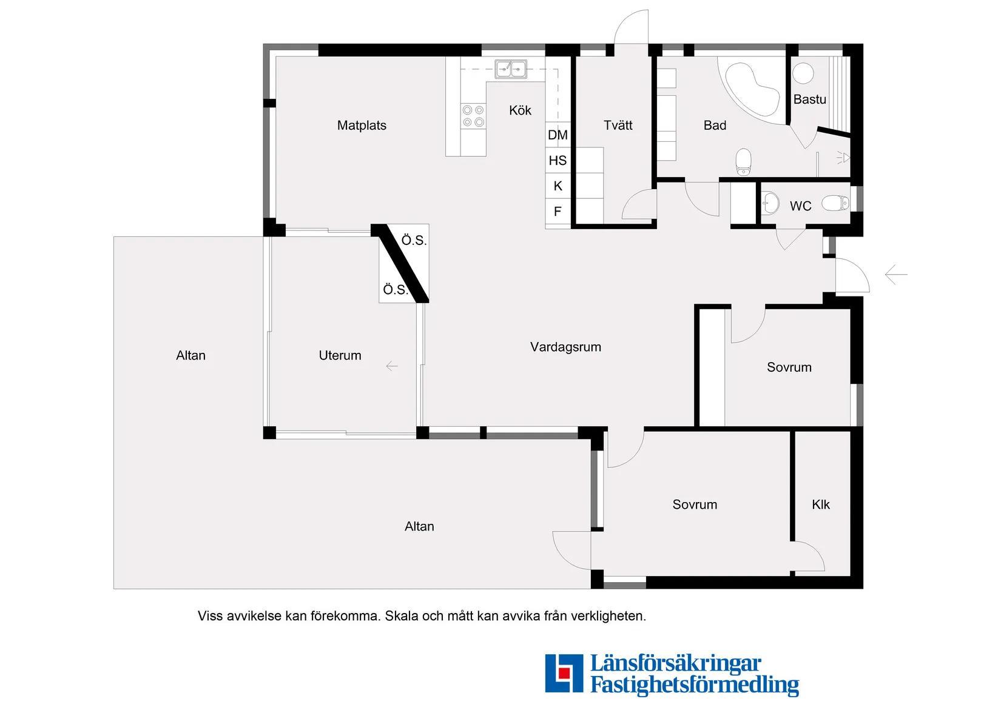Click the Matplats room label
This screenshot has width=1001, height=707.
[362, 126]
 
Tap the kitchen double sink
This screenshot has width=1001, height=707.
[511, 69]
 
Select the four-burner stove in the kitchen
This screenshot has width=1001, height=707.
[473, 116]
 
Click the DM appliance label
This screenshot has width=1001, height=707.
[558, 135]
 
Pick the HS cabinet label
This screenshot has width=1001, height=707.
[558, 161]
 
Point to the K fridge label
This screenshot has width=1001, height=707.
[558, 186]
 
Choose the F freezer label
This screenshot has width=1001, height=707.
[558, 212]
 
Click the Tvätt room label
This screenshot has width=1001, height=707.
[618, 126]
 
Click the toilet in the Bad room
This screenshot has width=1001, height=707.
[743, 162]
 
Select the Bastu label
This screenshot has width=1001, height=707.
[809, 99]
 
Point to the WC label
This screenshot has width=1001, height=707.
[800, 206]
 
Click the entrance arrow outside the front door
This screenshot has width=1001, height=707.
[896, 275]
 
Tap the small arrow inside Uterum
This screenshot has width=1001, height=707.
[392, 366]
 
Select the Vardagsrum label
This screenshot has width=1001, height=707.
[565, 347]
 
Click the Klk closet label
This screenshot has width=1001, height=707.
[820, 504]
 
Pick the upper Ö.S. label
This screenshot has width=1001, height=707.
[414, 240]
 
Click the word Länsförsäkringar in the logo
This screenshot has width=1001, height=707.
[675, 663]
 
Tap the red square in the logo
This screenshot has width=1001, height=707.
[564, 672]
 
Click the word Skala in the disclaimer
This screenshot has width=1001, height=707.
[402, 616]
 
